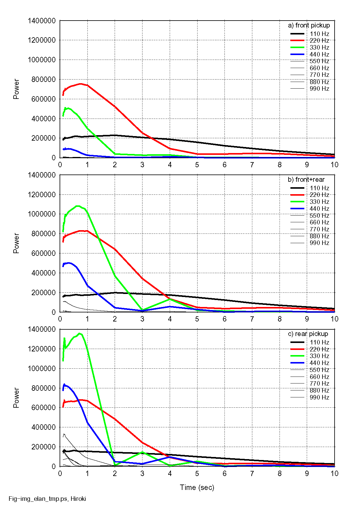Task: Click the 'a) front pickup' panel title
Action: (x=309, y=25)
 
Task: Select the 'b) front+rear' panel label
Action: (x=306, y=180)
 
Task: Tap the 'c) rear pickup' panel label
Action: (x=308, y=334)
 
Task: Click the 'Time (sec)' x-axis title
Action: (x=197, y=487)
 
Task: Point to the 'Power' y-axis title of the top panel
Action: (x=16, y=89)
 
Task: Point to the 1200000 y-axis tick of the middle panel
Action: (x=42, y=194)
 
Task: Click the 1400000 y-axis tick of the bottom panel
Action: (x=42, y=329)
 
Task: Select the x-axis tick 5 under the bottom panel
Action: (x=197, y=473)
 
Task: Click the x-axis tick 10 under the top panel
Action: (x=334, y=165)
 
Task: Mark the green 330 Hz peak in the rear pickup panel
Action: (x=79, y=334)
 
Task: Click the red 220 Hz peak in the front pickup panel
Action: (x=80, y=84)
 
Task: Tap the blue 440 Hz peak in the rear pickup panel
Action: (x=64, y=385)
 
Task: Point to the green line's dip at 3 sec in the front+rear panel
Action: (x=142, y=310)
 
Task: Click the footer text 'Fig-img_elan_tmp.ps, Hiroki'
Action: (x=47, y=499)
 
